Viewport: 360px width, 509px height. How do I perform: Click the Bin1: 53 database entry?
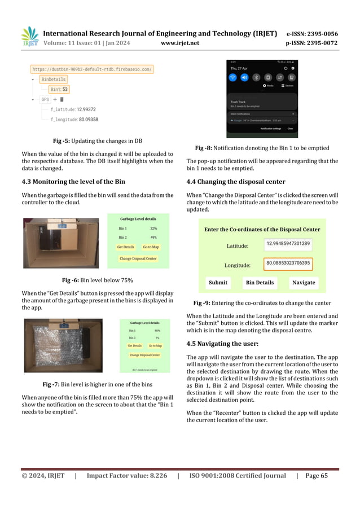[59, 89]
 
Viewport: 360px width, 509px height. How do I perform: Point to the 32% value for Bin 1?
[153, 228]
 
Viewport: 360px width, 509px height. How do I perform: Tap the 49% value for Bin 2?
[153, 238]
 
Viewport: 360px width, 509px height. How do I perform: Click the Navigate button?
[304, 282]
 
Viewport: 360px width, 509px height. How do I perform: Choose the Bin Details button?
[260, 282]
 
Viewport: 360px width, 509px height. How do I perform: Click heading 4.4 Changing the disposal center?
[236, 182]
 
